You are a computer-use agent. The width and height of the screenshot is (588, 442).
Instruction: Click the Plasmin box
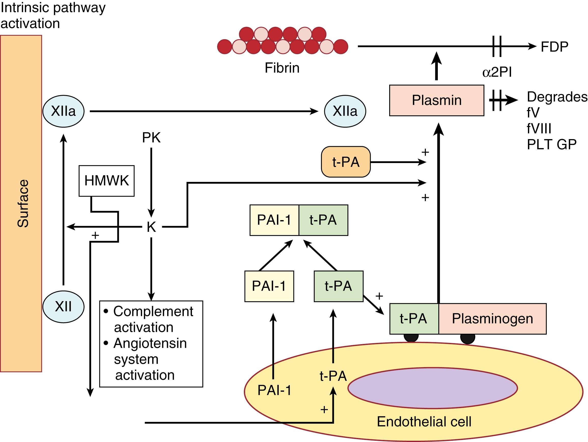click(437, 100)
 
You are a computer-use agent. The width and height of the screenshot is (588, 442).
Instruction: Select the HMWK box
click(106, 181)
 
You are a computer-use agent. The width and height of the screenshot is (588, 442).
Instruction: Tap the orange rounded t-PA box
click(346, 162)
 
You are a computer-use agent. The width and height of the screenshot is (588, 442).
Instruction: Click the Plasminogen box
click(492, 318)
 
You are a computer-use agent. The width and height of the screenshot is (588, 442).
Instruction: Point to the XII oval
click(63, 306)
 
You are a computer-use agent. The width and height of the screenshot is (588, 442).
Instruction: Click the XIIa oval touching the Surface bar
click(63, 111)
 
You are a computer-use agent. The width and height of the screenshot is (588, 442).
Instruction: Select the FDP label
click(554, 47)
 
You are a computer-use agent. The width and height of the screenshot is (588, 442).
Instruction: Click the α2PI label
click(497, 72)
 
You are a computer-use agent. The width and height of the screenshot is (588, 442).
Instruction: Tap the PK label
click(151, 138)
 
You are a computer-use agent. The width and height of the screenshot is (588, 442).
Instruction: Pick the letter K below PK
click(151, 227)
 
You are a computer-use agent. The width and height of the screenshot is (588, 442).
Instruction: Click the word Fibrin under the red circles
click(282, 68)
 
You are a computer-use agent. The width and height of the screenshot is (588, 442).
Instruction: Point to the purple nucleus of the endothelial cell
click(432, 388)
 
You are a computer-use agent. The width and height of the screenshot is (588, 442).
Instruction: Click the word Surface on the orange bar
click(23, 204)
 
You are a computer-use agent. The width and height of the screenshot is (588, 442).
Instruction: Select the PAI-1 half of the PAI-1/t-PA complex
click(274, 220)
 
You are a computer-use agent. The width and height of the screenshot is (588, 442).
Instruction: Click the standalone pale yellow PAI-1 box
click(269, 286)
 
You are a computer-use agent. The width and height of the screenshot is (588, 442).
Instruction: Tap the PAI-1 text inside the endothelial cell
click(274, 390)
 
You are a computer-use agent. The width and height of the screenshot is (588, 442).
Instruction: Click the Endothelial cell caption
click(424, 422)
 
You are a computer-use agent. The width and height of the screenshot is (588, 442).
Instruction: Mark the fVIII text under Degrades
click(539, 129)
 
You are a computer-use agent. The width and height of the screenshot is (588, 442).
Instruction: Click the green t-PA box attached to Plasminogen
click(414, 318)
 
